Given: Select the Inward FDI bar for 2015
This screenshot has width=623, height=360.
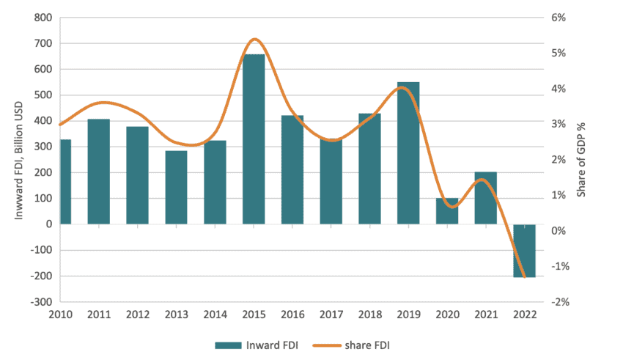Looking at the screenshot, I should click(254, 139).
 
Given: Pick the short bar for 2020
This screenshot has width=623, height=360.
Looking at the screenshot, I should click(447, 211).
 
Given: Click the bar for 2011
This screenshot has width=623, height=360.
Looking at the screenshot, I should click(98, 172).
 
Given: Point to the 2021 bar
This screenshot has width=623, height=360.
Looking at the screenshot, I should click(486, 198).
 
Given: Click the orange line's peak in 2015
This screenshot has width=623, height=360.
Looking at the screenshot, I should click(254, 40).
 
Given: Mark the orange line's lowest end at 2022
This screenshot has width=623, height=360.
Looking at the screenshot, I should click(525, 277).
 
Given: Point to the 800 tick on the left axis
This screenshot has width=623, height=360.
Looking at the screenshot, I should click(43, 18).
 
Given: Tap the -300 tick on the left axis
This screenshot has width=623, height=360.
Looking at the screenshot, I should click(40, 302).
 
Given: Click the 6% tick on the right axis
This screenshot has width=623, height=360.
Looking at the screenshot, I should click(559, 18).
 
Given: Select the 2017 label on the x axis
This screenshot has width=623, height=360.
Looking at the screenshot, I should click(332, 315).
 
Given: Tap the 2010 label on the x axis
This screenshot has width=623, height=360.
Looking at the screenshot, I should click(60, 315).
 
